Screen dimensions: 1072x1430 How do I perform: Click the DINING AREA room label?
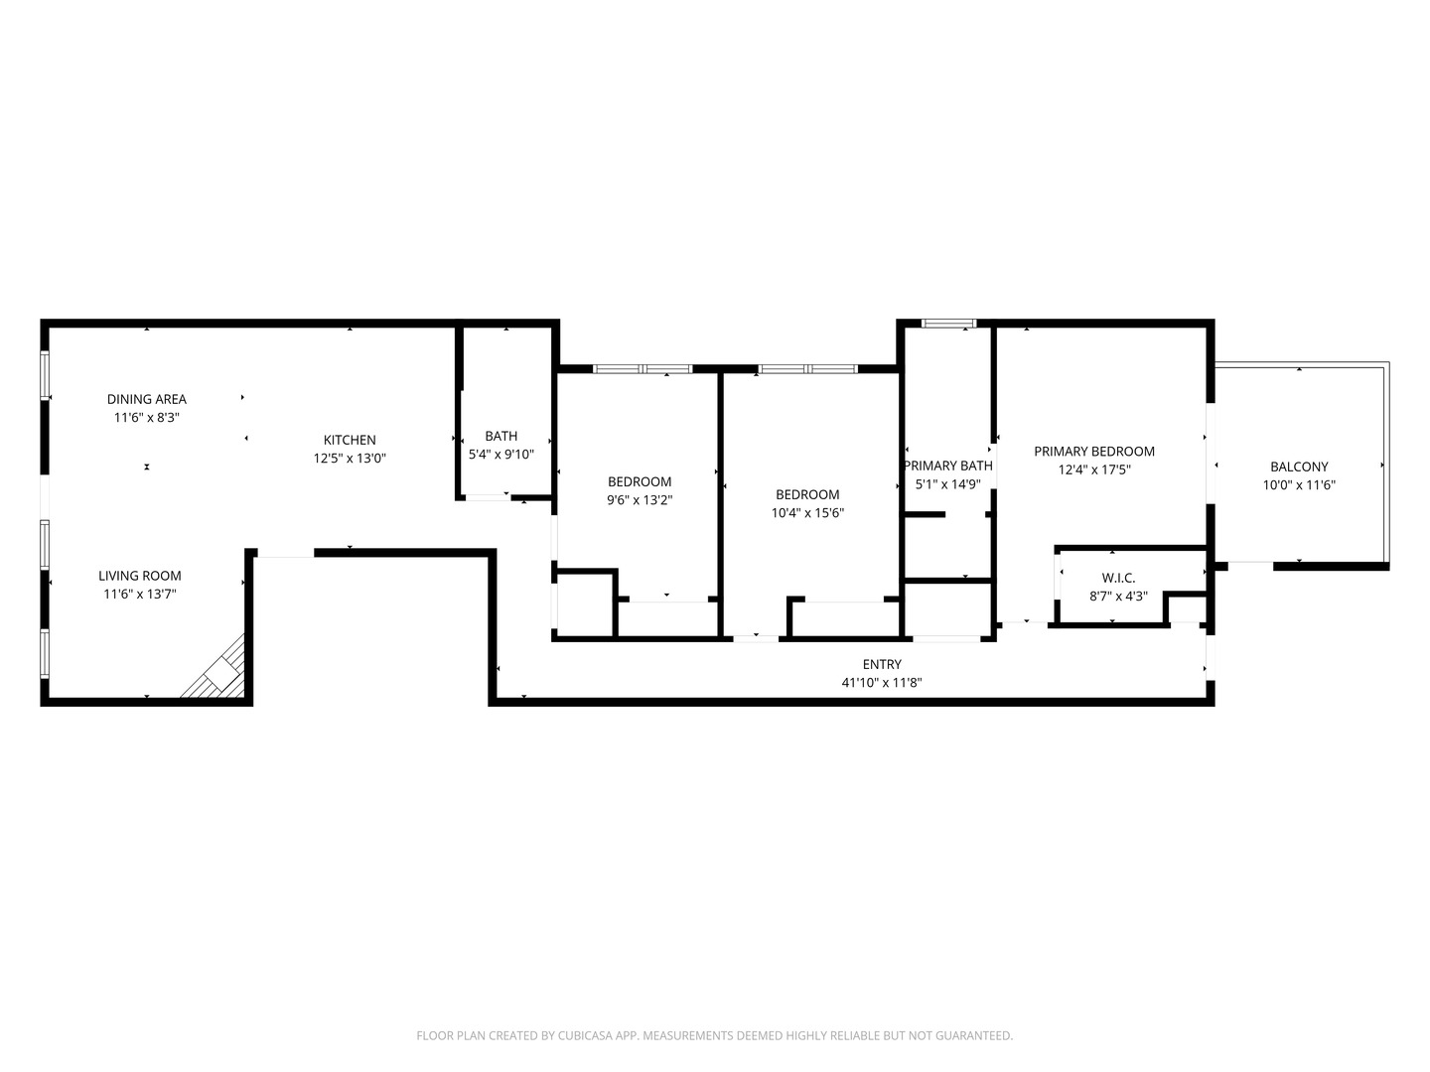click(x=147, y=399)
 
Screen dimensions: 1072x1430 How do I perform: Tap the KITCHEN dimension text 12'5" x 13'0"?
click(x=350, y=459)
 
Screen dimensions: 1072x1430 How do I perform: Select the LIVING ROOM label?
click(x=140, y=576)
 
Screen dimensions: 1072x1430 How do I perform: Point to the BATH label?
click(x=501, y=436)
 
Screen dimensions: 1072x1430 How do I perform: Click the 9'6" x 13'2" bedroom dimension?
click(x=640, y=500)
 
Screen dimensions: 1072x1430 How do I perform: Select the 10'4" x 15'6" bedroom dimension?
click(x=807, y=513)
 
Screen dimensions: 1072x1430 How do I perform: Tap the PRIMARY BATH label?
click(x=948, y=466)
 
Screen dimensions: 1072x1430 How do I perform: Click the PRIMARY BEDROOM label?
click(x=1094, y=452)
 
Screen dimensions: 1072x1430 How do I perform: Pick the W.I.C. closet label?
click(x=1118, y=578)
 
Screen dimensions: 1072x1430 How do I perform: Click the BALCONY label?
click(x=1299, y=467)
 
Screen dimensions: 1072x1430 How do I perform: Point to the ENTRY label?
click(x=882, y=664)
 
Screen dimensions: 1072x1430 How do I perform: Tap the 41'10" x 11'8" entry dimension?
click(x=882, y=683)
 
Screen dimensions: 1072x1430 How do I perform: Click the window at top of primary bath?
click(x=949, y=323)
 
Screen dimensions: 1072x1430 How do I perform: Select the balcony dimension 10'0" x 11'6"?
click(x=1299, y=485)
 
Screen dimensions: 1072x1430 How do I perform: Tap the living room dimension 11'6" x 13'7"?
click(x=140, y=595)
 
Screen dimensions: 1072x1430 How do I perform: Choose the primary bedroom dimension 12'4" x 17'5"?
click(x=1094, y=470)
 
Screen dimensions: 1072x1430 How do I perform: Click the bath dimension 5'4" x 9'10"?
click(x=501, y=455)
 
